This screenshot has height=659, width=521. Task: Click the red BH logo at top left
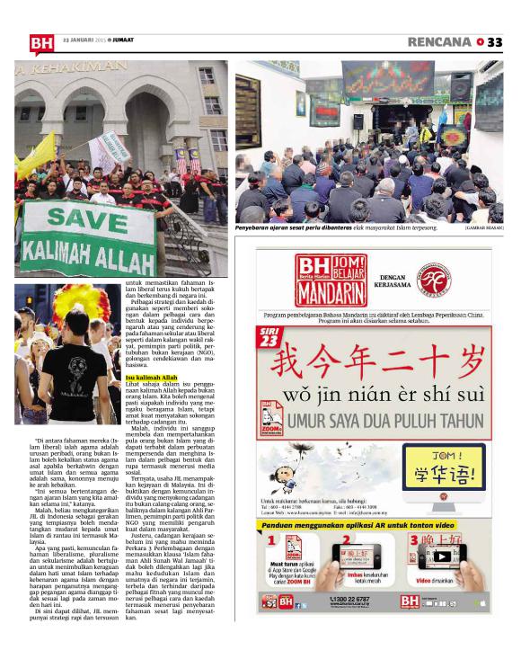41,42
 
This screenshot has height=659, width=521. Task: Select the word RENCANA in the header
439,41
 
